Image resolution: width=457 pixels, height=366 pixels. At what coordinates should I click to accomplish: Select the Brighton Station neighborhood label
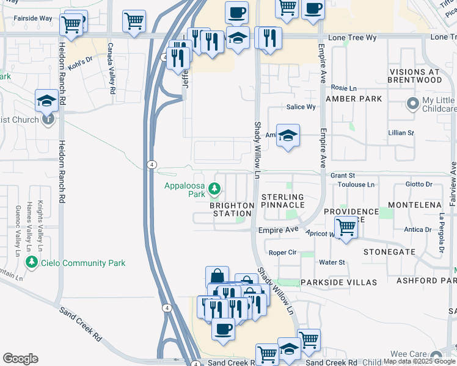(232, 209)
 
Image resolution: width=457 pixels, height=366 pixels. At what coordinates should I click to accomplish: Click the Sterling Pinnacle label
(283, 201)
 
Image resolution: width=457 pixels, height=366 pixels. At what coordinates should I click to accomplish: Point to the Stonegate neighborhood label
(389, 251)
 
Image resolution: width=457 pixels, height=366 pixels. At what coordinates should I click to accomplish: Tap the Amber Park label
(354, 99)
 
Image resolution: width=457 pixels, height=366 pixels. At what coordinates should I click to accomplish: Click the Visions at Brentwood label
(415, 76)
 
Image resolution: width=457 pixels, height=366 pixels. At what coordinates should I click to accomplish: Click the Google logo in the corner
(20, 358)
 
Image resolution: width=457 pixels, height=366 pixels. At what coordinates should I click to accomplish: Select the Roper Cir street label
(282, 252)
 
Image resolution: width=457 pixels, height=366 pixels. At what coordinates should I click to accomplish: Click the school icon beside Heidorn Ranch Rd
(46, 101)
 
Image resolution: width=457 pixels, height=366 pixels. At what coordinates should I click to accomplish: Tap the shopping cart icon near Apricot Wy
(346, 228)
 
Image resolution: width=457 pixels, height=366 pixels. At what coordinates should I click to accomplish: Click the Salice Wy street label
(302, 107)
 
